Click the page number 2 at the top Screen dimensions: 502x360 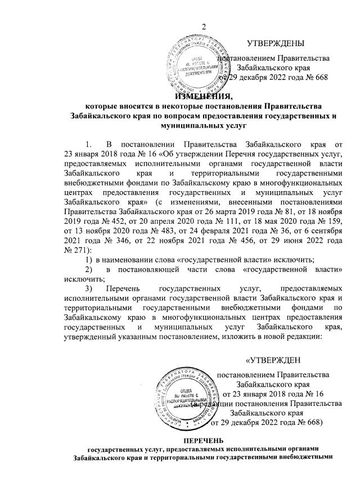(205, 28)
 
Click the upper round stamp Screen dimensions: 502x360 (193, 66)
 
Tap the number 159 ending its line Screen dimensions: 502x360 (334, 221)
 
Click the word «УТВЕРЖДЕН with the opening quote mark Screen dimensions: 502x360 (273, 360)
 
